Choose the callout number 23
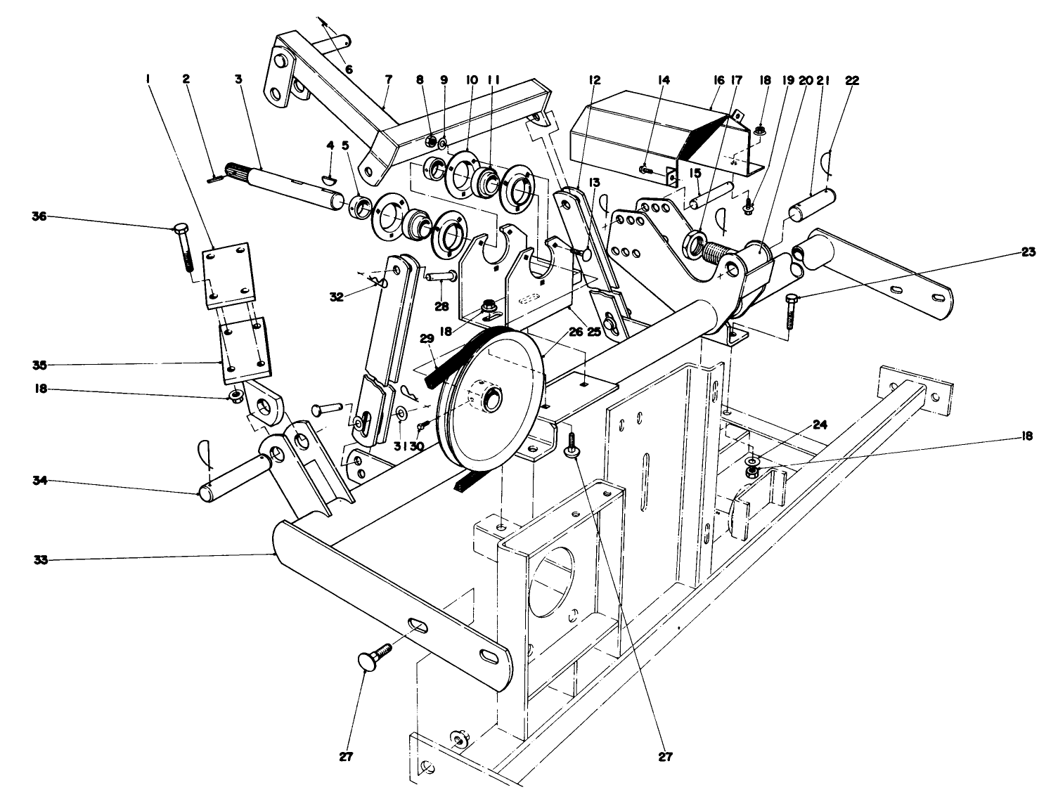click(1028, 252)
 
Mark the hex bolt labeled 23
click(791, 310)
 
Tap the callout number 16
click(718, 80)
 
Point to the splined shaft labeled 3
click(281, 186)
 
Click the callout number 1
click(148, 80)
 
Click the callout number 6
click(349, 68)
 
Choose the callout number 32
click(336, 297)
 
